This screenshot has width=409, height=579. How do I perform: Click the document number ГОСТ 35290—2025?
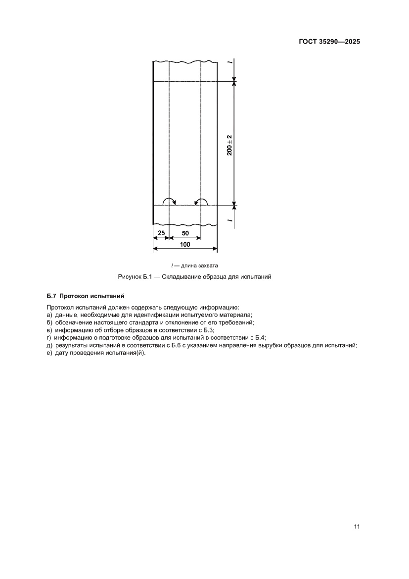click(329, 42)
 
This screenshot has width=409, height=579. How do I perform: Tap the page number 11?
click(357, 526)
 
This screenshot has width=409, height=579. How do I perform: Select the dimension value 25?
click(161, 232)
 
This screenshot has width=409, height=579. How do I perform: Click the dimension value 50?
click(184, 232)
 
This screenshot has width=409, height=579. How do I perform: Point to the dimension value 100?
click(184, 244)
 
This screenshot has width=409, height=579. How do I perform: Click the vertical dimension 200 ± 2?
click(229, 144)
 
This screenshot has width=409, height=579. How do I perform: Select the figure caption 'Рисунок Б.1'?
click(134, 277)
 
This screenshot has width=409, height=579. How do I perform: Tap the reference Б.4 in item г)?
click(260, 337)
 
